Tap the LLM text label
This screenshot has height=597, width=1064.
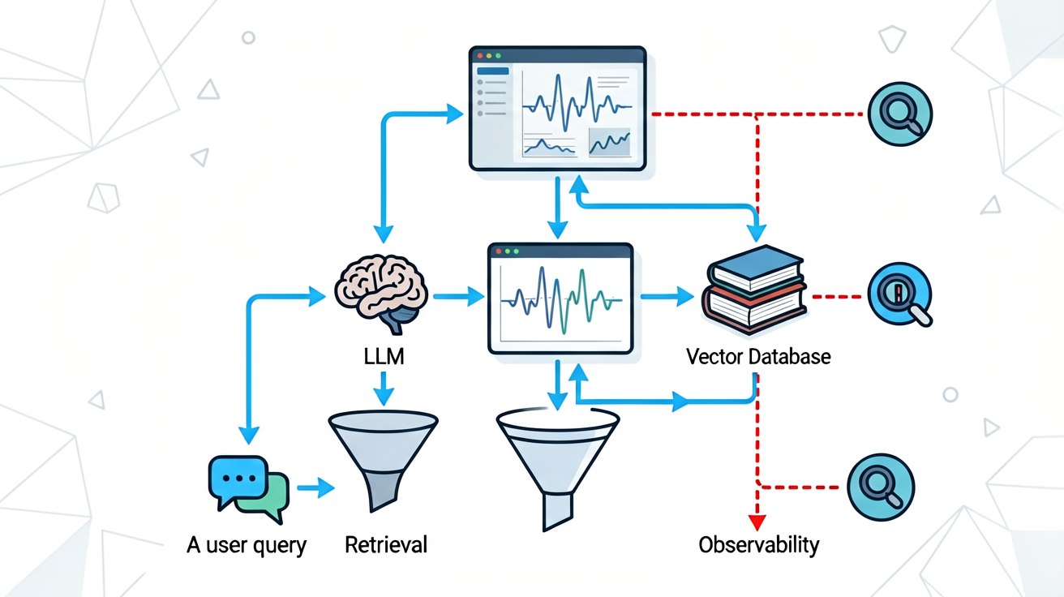tap(384, 357)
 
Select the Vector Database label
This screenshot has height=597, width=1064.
tap(758, 357)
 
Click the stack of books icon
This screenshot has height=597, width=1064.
tap(754, 290)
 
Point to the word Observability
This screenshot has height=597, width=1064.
tap(758, 545)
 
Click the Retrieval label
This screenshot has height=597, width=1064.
tap(386, 545)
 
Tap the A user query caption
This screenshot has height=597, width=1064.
tap(247, 546)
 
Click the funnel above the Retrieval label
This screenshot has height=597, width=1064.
tap(384, 458)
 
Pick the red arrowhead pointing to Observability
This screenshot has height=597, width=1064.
tap(757, 522)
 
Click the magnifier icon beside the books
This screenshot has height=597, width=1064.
tap(899, 294)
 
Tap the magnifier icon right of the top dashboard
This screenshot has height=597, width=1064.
tap(900, 114)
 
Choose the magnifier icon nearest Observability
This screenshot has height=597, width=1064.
tap(881, 487)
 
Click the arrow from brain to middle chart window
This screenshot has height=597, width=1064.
tap(458, 296)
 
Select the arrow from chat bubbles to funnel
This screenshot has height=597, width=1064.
tap(316, 487)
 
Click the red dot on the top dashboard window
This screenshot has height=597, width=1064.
tap(480, 56)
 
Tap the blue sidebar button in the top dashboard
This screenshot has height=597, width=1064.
tap(492, 71)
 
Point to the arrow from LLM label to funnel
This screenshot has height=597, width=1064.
tap(384, 389)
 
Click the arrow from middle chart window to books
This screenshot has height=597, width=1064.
tap(667, 296)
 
